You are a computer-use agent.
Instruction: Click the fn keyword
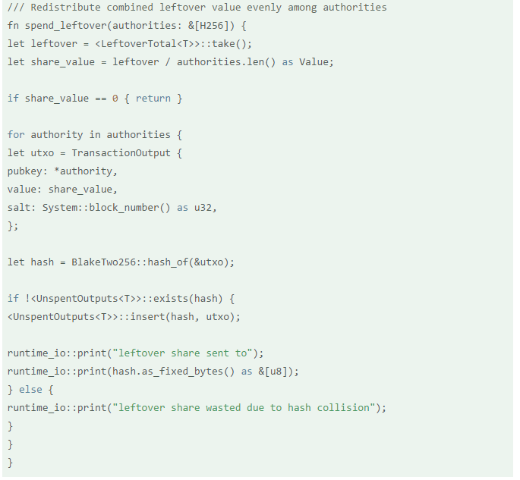pyautogui.click(x=14, y=26)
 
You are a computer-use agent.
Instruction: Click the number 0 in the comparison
pyautogui.click(x=115, y=99)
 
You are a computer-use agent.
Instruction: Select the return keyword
pyautogui.click(x=153, y=99)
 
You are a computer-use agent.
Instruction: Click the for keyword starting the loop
pyautogui.click(x=16, y=135)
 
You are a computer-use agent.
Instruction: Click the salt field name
pyautogui.click(x=19, y=208)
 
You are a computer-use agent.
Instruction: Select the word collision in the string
pyautogui.click(x=349, y=408)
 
